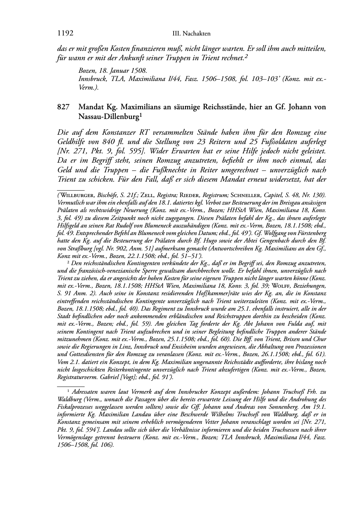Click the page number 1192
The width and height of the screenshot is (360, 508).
[x=65, y=33]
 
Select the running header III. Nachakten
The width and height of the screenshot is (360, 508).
[x=191, y=34]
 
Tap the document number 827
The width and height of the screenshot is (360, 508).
[x=63, y=107]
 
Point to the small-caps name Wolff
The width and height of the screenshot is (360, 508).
[x=283, y=286]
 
